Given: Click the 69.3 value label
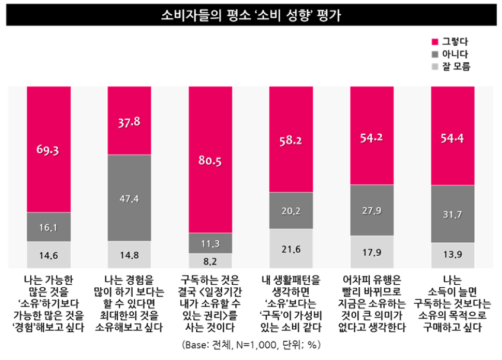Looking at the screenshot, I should [48, 150].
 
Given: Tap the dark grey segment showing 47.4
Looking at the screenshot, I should [129, 198].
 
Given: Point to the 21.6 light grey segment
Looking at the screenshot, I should [291, 249].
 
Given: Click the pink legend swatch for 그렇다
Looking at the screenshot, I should [434, 41].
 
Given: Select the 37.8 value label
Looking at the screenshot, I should [129, 122].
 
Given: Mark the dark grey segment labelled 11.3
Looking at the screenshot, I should [210, 242].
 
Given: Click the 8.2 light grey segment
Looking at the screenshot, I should [210, 261].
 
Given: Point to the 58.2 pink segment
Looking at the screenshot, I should [291, 141].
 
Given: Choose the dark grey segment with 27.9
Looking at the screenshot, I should [372, 210].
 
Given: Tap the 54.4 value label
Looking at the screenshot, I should [453, 138].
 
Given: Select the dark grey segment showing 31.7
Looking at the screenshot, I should [453, 214].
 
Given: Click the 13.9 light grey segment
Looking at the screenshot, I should [453, 256].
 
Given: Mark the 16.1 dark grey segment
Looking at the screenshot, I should [48, 226].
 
